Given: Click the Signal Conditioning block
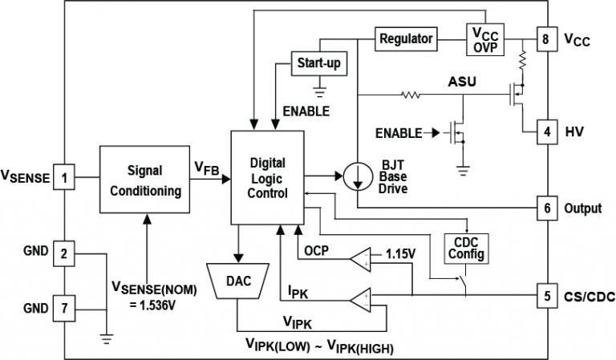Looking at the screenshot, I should (x=144, y=181).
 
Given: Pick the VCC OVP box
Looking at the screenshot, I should (x=485, y=38).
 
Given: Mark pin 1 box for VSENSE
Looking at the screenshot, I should (x=65, y=176).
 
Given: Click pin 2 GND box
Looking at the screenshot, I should (x=65, y=254).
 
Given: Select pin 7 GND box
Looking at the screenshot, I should (x=65, y=306).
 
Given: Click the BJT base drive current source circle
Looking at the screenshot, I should (x=356, y=176).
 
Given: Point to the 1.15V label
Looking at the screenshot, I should (x=401, y=253).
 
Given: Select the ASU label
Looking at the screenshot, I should (x=460, y=82).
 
